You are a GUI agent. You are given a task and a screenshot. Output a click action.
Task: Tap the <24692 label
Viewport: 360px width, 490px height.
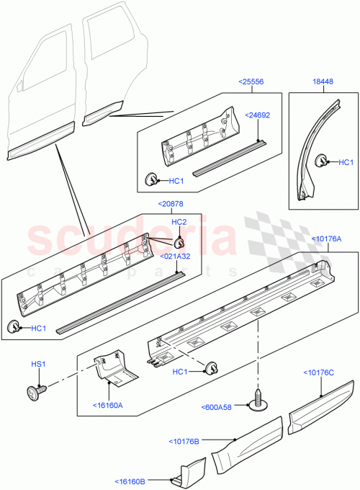pos(257,115)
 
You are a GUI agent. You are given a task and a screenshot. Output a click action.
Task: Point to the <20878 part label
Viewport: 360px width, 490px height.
pos(171,205)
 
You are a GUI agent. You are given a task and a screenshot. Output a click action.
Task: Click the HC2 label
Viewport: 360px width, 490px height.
pos(179,222)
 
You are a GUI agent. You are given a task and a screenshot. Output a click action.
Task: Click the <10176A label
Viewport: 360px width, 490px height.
pos(326,239)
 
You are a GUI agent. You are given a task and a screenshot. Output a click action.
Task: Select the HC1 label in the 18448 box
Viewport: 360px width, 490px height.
pos(346,163)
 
